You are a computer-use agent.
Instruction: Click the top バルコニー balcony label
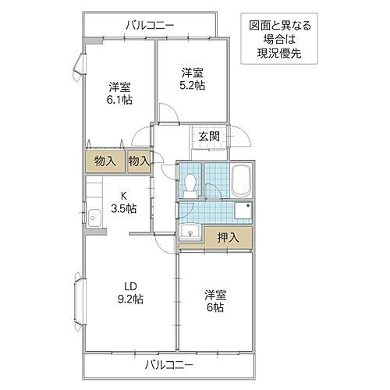(149, 25)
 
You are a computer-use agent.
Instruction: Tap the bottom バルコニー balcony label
(168, 364)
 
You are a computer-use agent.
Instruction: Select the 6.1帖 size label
(119, 100)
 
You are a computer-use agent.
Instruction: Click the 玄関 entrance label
(208, 136)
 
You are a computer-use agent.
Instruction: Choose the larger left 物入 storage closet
(107, 161)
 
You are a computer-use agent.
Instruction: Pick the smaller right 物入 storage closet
(138, 161)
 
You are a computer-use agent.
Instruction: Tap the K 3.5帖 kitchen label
(122, 202)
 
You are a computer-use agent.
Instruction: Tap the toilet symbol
(191, 183)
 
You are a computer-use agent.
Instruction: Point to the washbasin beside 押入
(190, 232)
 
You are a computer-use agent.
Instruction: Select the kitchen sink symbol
(94, 217)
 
